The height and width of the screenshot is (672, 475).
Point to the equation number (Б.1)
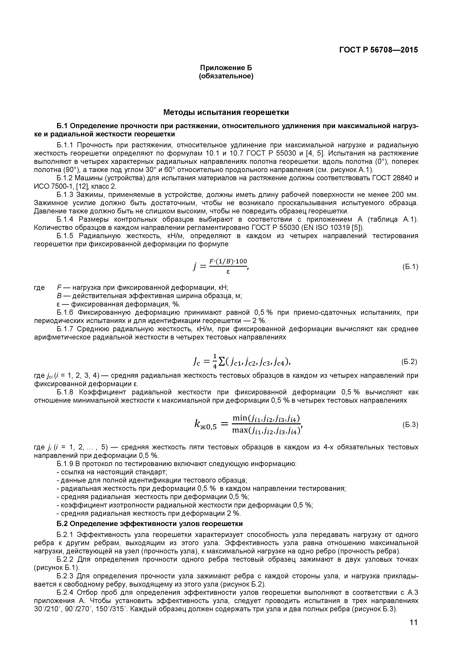[x=410, y=267]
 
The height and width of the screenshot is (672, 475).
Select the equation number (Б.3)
[x=410, y=424]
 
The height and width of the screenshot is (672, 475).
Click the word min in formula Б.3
[x=240, y=418]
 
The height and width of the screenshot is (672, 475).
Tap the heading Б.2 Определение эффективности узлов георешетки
[x=150, y=524]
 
